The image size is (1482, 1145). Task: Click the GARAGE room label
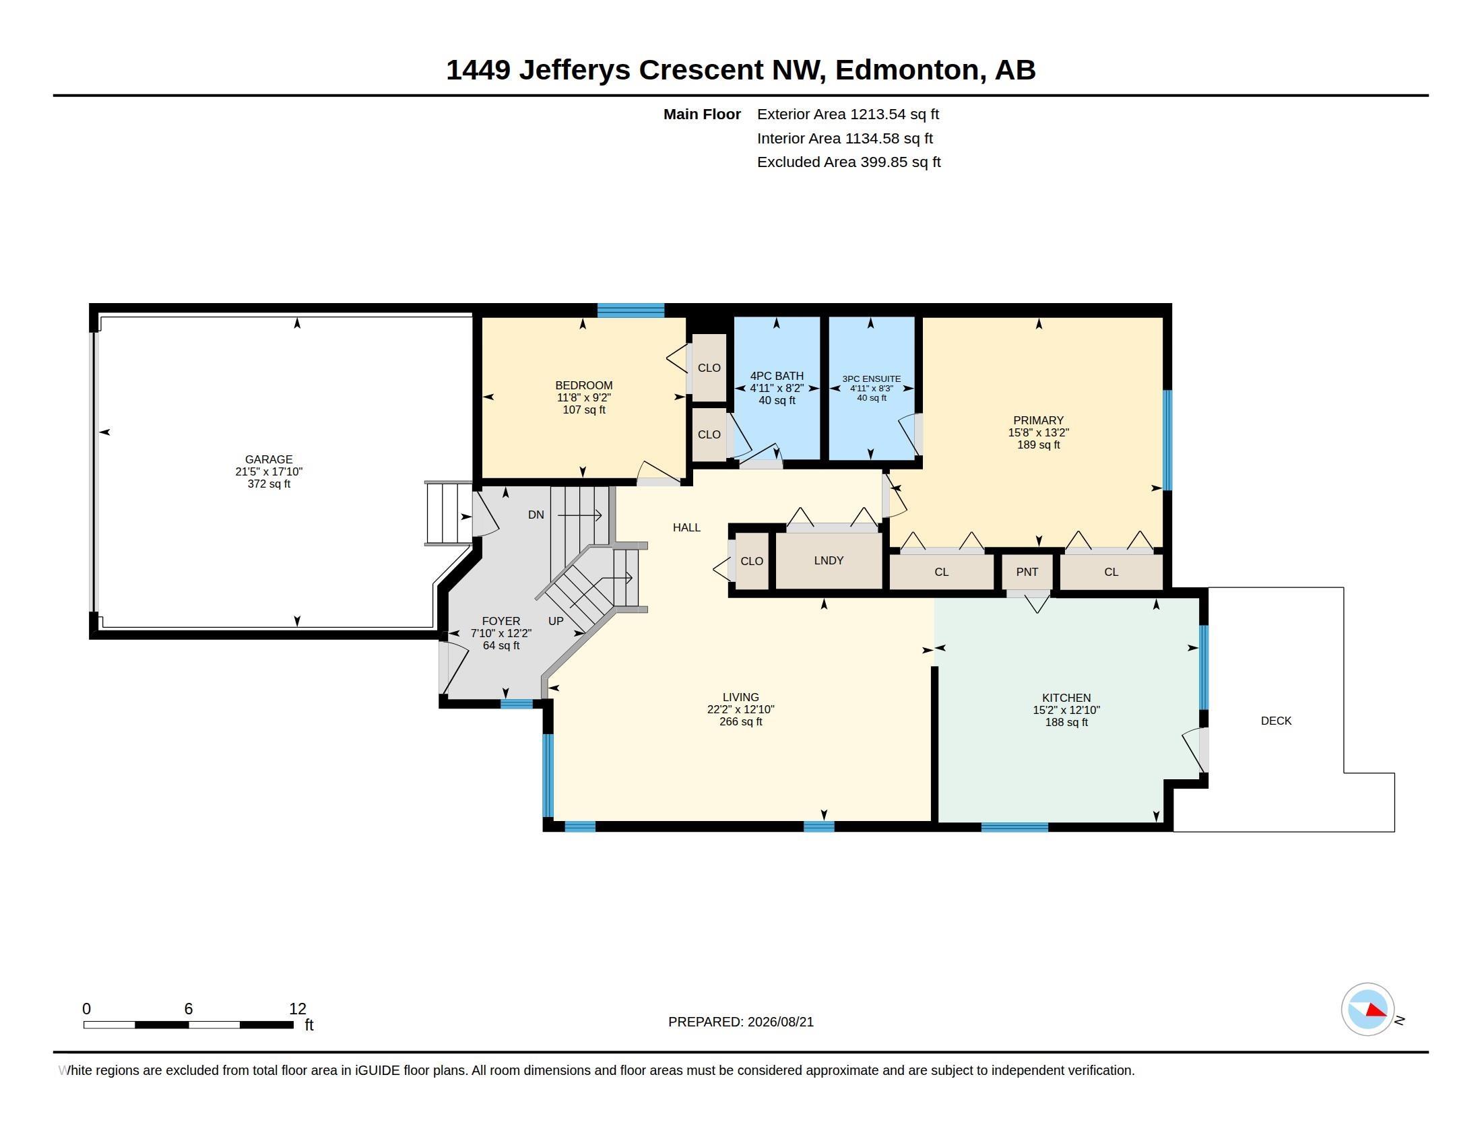click(x=269, y=459)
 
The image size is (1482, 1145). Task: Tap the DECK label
click(x=1276, y=721)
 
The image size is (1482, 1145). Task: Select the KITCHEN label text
click(x=1066, y=698)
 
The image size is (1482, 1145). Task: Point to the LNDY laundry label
click(x=829, y=560)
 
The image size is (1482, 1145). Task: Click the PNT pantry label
click(x=1027, y=572)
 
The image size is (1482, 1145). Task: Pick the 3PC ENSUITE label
click(x=871, y=379)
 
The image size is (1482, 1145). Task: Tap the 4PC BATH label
click(x=776, y=376)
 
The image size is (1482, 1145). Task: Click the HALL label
click(x=686, y=527)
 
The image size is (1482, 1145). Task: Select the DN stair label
click(x=536, y=515)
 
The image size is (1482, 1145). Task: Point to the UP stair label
click(x=556, y=621)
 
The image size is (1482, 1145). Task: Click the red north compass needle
click(x=1376, y=1011)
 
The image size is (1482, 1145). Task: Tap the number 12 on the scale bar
click(x=298, y=1009)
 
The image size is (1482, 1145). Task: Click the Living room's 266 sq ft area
click(x=740, y=722)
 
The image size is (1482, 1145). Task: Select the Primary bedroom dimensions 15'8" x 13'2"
click(x=1038, y=433)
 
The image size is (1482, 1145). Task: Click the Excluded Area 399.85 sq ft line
click(x=849, y=162)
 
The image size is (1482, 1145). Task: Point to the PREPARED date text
click(x=740, y=1022)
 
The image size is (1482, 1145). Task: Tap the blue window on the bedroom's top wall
click(x=631, y=310)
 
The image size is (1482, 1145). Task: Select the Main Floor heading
click(x=702, y=115)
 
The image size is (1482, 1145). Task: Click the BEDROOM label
click(x=583, y=385)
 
